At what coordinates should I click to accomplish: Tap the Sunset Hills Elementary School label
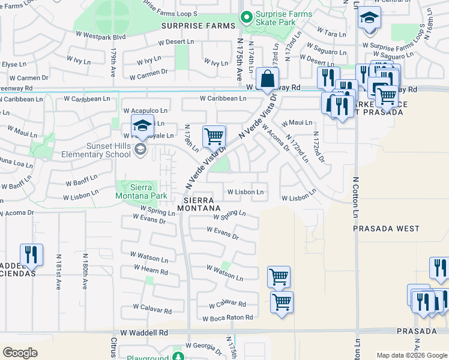point(96,149)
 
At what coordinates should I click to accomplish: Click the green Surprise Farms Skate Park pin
point(246,17)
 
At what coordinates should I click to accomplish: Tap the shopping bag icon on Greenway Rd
point(267,79)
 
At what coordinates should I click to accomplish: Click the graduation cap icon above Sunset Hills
point(142,126)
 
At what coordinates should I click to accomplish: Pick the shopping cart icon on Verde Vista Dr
point(214,136)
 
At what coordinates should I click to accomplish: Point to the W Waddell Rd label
point(144,332)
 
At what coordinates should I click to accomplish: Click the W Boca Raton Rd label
point(228,317)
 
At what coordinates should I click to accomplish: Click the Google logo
point(20,353)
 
